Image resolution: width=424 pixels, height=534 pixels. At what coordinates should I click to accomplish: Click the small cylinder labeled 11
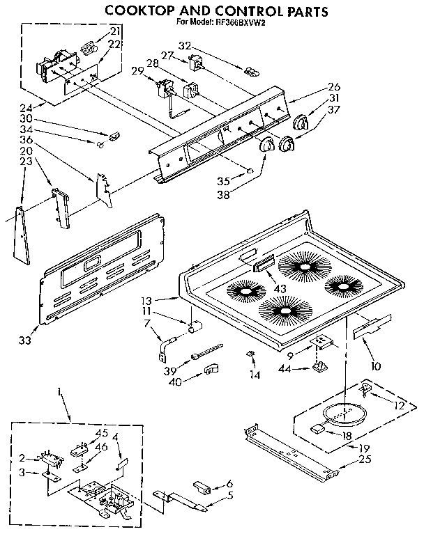click(x=196, y=326)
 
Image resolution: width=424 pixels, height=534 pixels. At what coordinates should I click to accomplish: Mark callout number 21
click(x=114, y=31)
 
